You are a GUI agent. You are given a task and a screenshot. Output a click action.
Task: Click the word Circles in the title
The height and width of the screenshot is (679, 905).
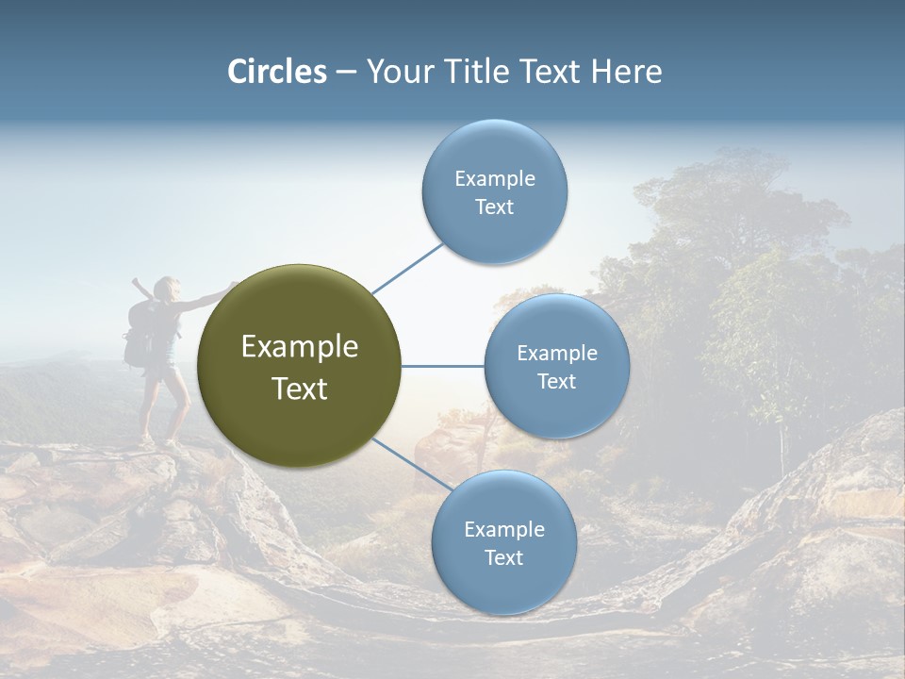pyautogui.click(x=276, y=72)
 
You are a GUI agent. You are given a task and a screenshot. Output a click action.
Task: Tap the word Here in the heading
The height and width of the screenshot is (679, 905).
pyautogui.click(x=626, y=72)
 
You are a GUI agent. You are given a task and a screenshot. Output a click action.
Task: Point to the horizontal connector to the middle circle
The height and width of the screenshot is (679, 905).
pyautogui.click(x=442, y=366)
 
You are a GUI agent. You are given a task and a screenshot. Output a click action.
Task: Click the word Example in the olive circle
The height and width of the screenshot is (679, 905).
pyautogui.click(x=300, y=347)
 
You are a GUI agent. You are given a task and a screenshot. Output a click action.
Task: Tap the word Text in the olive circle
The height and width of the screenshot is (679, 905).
pyautogui.click(x=300, y=389)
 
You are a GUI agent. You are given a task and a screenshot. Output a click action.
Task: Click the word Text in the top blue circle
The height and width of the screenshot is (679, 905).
pyautogui.click(x=494, y=207)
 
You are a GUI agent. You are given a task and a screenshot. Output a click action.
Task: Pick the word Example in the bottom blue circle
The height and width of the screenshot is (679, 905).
pyautogui.click(x=503, y=529)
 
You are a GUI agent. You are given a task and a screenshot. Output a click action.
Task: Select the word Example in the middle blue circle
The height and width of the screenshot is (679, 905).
pyautogui.click(x=556, y=353)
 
